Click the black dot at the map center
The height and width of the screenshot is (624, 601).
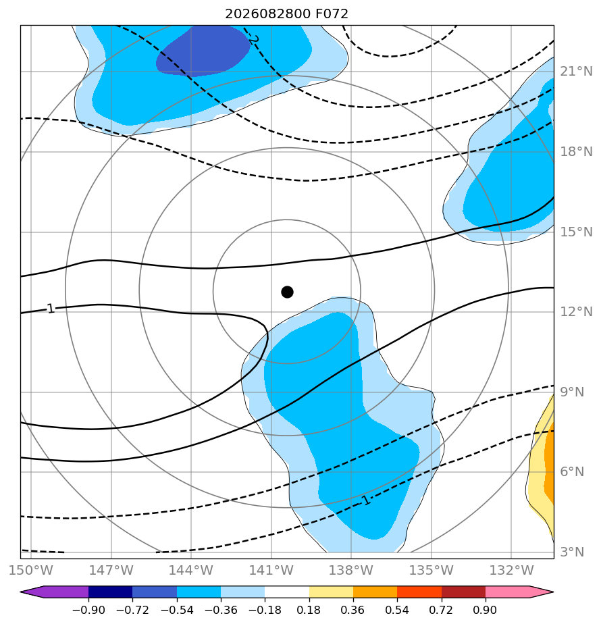coord(287,292)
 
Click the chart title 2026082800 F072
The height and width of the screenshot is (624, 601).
coord(286,14)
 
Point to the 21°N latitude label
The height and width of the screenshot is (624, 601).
coord(576,72)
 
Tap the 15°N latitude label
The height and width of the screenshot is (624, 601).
coord(576,232)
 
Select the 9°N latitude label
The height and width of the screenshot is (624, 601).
coord(573,392)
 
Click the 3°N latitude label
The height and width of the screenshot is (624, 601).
coord(573,552)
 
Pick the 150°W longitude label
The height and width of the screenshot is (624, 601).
coord(31,570)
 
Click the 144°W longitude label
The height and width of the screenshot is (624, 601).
coord(191,570)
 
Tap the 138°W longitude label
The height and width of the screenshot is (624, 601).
coord(351,570)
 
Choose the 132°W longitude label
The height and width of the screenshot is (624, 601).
coord(511,570)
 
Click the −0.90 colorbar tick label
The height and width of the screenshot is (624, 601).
coord(88,610)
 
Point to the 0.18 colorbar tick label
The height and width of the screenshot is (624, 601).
coord(309,610)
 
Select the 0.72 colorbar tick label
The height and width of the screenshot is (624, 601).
coord(441,610)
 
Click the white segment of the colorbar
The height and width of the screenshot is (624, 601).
coord(287,592)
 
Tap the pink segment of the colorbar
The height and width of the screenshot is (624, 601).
coord(507,592)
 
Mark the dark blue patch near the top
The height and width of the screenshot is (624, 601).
coord(203,51)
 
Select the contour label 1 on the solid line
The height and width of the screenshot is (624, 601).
coord(50,309)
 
